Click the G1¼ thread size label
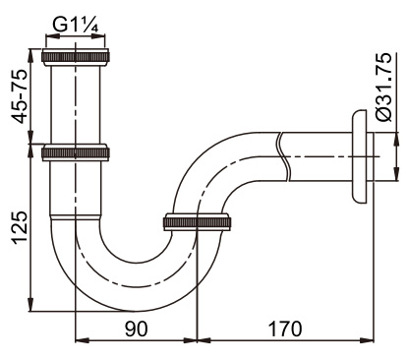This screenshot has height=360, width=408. pos(76,26)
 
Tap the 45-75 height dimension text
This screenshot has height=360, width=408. pos(19,96)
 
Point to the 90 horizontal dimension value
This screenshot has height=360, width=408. pos(136,329)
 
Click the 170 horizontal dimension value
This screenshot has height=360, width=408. pos(285,329)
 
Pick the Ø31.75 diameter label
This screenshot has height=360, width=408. pos(383,87)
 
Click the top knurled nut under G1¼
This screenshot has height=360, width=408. pos(76,57)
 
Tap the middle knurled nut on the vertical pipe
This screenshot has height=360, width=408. pos(76,152)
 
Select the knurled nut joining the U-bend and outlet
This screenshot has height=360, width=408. pos(197,222)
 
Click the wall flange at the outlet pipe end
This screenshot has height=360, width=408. pos(360,156)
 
